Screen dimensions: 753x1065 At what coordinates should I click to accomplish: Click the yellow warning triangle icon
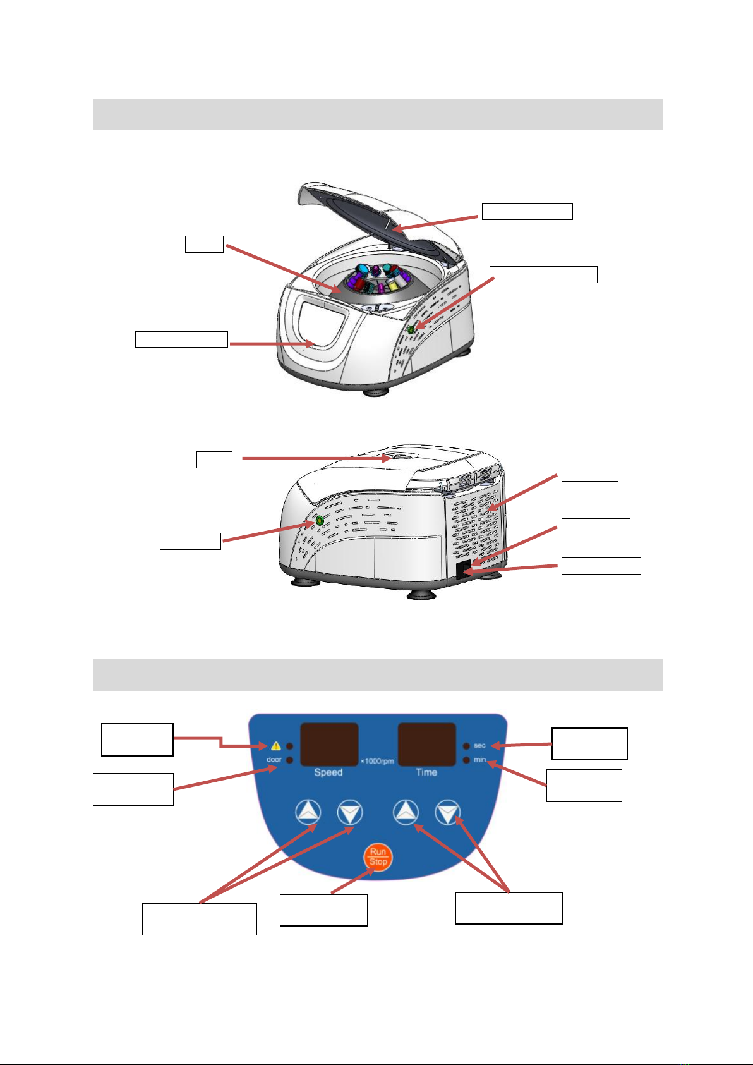point(276,746)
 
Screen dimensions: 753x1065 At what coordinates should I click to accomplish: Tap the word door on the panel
point(274,759)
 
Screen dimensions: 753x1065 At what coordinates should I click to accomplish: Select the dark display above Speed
point(328,745)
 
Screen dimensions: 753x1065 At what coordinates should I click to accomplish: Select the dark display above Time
point(426,745)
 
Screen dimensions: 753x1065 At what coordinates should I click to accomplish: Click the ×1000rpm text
point(377,761)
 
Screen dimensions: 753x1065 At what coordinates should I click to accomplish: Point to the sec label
point(479,746)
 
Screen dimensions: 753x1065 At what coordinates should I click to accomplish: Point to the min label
point(479,759)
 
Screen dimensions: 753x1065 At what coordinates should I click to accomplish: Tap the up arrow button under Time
point(406,813)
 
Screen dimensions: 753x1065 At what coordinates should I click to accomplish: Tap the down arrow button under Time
point(448,813)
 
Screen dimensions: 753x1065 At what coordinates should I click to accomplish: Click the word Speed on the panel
point(328,772)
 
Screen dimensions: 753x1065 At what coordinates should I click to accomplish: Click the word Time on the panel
point(426,772)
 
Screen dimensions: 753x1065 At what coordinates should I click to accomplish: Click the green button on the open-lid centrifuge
point(411,329)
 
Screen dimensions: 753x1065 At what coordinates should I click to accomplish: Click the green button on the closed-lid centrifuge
point(319,520)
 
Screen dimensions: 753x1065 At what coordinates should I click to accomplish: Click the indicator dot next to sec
point(466,746)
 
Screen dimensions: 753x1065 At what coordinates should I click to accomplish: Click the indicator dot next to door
point(289,759)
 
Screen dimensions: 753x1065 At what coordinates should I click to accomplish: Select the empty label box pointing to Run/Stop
point(323,910)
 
